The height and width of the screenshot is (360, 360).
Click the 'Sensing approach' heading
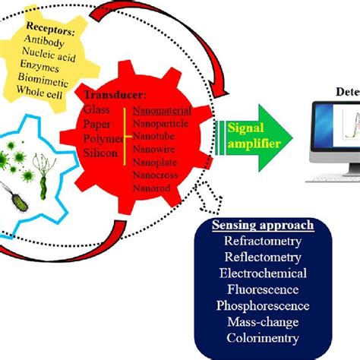point(263,226)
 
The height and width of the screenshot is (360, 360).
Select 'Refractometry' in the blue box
point(263,242)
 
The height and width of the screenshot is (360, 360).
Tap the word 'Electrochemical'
point(263,273)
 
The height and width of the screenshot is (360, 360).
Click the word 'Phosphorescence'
point(263,305)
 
